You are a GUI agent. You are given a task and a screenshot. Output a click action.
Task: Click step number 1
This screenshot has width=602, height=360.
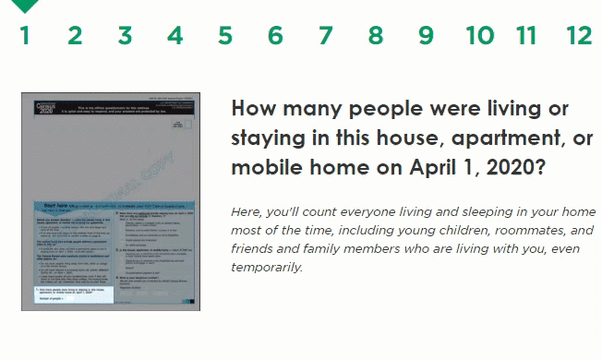coord(25,36)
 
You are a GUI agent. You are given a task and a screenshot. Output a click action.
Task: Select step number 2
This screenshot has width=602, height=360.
coord(75,36)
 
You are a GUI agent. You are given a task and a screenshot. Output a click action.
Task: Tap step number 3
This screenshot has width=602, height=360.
coord(125,36)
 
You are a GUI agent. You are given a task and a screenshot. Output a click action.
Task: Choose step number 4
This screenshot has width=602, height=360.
coord(175,36)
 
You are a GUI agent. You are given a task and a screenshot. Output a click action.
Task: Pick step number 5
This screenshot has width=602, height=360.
coord(225,36)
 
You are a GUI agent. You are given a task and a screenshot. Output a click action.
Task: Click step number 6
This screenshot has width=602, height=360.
coord(275,36)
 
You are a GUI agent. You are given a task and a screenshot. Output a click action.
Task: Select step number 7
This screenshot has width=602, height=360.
coord(325,36)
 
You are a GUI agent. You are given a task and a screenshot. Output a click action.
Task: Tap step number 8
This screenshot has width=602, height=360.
coord(375,36)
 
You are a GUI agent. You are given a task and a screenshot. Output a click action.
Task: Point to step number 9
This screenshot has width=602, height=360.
coord(426,36)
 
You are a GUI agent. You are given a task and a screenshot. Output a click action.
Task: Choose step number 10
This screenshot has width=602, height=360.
coord(479,36)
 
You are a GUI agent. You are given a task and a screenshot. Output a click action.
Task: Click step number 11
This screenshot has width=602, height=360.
coord(526,36)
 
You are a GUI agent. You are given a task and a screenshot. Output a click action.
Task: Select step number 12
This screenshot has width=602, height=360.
coord(579,36)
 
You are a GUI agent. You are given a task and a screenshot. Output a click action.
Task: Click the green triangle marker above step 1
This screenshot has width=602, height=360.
coord(25,6)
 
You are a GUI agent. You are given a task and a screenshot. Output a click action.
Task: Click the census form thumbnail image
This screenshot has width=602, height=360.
coord(110,201)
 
